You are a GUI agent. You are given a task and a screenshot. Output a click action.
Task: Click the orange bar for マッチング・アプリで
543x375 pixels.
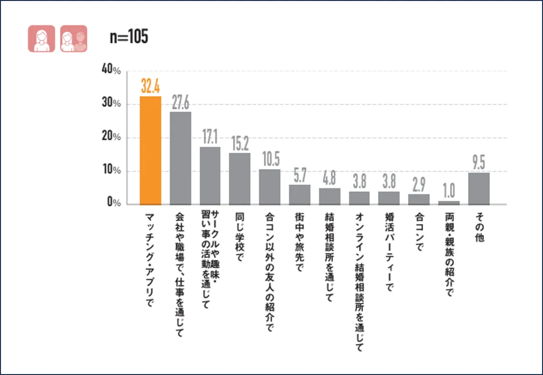pos(150,150)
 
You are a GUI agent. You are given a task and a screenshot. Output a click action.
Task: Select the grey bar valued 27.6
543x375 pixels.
pos(180,158)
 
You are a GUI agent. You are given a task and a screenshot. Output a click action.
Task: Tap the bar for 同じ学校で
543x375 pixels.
pos(240,179)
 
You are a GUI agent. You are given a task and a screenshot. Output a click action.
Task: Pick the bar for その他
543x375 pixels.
pos(479,188)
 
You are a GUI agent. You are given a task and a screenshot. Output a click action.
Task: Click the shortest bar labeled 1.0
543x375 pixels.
pos(449,203)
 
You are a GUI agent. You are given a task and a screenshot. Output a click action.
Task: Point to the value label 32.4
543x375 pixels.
pos(150,87)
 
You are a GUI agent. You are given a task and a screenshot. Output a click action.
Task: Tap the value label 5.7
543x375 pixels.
pos(300,176)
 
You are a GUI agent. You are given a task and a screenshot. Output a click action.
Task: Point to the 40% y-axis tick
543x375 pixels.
pos(111,70)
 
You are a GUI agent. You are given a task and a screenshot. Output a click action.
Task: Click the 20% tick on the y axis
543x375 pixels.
pos(111,137)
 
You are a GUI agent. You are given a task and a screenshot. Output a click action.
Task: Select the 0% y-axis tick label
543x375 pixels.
pos(114,204)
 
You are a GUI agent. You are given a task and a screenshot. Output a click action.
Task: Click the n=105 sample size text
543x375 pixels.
pos(129,37)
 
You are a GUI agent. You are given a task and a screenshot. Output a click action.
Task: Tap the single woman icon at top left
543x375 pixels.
pos(41,39)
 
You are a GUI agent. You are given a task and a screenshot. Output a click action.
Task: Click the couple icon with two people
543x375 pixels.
pos(73,39)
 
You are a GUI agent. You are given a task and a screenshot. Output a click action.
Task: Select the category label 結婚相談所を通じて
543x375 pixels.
pos(329,257)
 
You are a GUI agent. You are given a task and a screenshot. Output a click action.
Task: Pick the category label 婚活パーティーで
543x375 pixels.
pos(389,251)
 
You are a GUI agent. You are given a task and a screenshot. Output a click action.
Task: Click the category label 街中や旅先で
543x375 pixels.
pos(300,242)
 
